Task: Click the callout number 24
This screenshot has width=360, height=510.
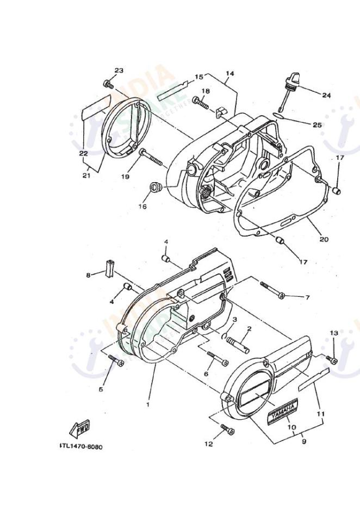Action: tap(326, 95)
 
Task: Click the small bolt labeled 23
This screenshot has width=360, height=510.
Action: tap(108, 84)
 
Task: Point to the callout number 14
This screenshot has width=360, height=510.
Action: tap(229, 73)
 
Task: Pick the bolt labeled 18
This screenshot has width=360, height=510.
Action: tap(201, 101)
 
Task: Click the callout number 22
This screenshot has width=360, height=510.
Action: tap(83, 153)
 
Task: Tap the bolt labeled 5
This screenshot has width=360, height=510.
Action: tap(116, 360)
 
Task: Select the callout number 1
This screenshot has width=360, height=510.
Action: tap(147, 405)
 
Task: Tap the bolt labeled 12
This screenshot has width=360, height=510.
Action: tap(227, 430)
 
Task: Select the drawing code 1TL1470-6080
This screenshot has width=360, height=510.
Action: tap(80, 447)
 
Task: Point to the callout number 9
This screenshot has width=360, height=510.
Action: tap(303, 441)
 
